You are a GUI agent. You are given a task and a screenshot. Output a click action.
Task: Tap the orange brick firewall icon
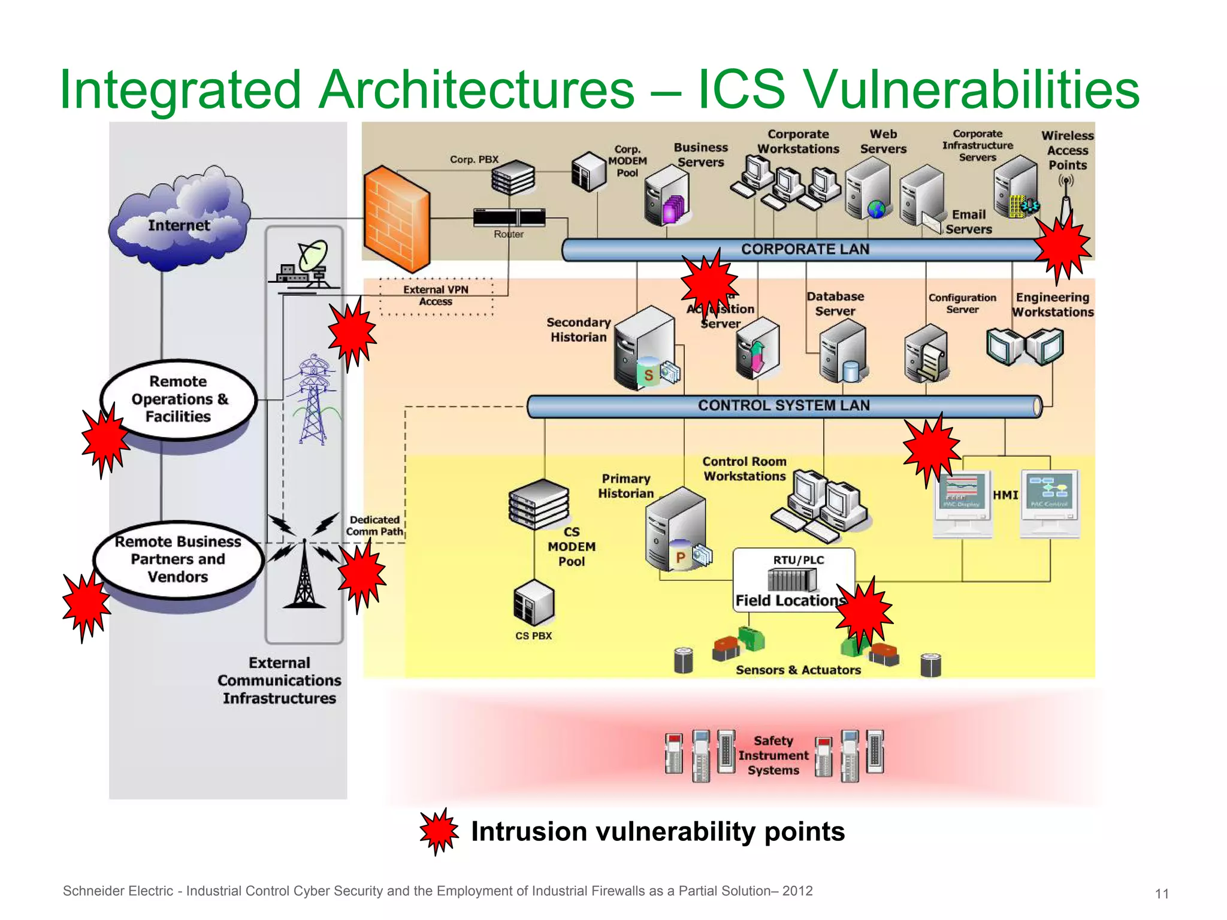(397, 219)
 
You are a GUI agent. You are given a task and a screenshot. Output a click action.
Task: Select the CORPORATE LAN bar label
(805, 249)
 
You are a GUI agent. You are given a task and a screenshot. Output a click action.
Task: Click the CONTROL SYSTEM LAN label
(784, 405)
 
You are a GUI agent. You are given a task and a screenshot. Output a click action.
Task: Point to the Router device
(509, 217)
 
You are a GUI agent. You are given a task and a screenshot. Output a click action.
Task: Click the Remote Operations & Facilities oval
(179, 399)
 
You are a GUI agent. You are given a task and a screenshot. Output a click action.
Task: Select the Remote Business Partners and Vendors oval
(179, 559)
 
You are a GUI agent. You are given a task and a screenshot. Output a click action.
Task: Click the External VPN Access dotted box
(436, 296)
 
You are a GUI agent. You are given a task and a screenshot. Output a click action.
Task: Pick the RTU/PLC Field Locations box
(793, 579)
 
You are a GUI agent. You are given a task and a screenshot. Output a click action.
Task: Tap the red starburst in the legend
(439, 831)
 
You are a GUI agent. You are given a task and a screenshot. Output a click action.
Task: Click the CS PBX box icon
(533, 603)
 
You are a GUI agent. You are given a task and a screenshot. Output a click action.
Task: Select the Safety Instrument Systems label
(773, 755)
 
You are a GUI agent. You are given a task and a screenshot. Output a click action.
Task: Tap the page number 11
(1162, 894)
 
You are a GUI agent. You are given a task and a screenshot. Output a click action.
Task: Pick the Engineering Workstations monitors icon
(1024, 346)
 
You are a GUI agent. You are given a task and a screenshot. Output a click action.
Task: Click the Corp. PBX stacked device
(513, 178)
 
